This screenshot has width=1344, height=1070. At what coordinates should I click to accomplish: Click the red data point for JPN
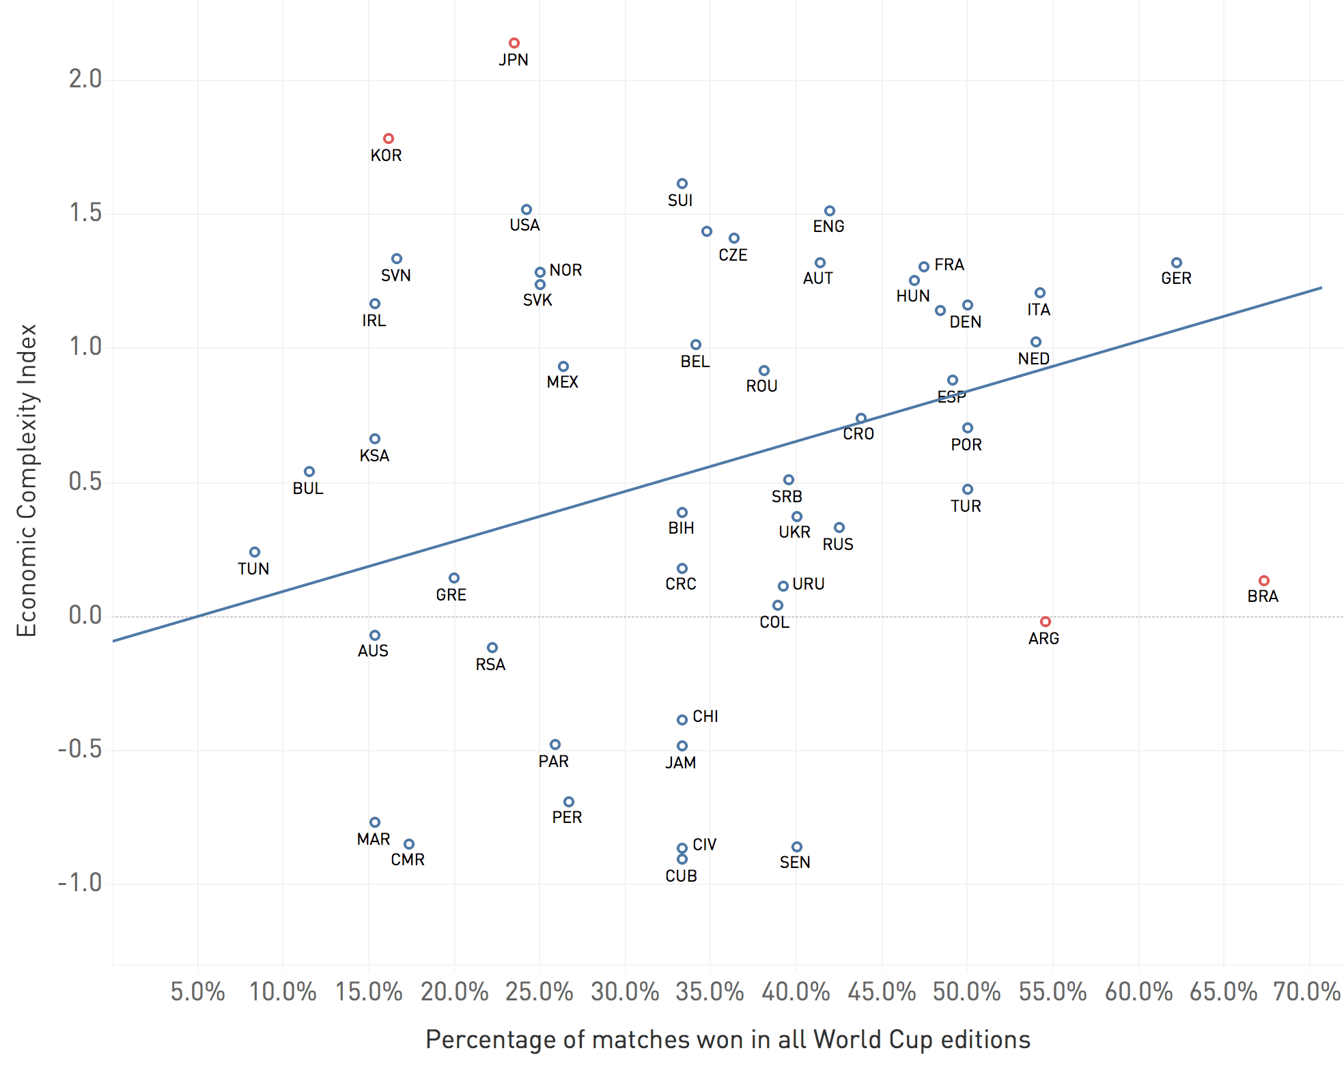point(514,43)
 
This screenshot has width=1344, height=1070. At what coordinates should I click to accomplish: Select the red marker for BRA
point(1264,581)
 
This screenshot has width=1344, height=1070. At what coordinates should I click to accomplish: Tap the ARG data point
point(1046,622)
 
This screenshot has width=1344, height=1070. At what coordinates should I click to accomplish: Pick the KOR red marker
point(389,139)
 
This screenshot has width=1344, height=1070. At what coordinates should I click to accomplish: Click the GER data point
point(1177,263)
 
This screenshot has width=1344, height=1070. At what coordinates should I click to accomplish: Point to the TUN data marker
point(255,552)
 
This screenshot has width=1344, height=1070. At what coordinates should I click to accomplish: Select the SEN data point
point(797,847)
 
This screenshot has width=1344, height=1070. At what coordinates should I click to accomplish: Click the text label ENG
point(828,227)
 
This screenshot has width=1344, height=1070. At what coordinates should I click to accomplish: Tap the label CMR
point(408,860)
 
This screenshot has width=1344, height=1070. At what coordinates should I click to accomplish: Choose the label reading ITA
point(1039,310)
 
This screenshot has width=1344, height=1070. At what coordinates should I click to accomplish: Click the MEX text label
point(563,382)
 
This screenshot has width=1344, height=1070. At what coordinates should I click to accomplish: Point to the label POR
point(966,445)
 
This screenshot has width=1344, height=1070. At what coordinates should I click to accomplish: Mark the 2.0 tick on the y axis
point(85,79)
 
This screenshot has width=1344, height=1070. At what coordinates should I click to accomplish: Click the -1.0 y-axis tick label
point(80,883)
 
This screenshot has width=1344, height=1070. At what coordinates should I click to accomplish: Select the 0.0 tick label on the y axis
point(85,616)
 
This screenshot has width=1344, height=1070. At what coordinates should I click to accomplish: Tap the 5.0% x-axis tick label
point(197,992)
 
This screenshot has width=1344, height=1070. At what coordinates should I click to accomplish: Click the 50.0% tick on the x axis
point(966,992)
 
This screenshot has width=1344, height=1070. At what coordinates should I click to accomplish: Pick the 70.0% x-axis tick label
point(1306,992)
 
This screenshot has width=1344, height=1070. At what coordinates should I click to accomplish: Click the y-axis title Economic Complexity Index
point(27,480)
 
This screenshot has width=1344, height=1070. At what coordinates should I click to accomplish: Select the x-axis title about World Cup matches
point(727,1039)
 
